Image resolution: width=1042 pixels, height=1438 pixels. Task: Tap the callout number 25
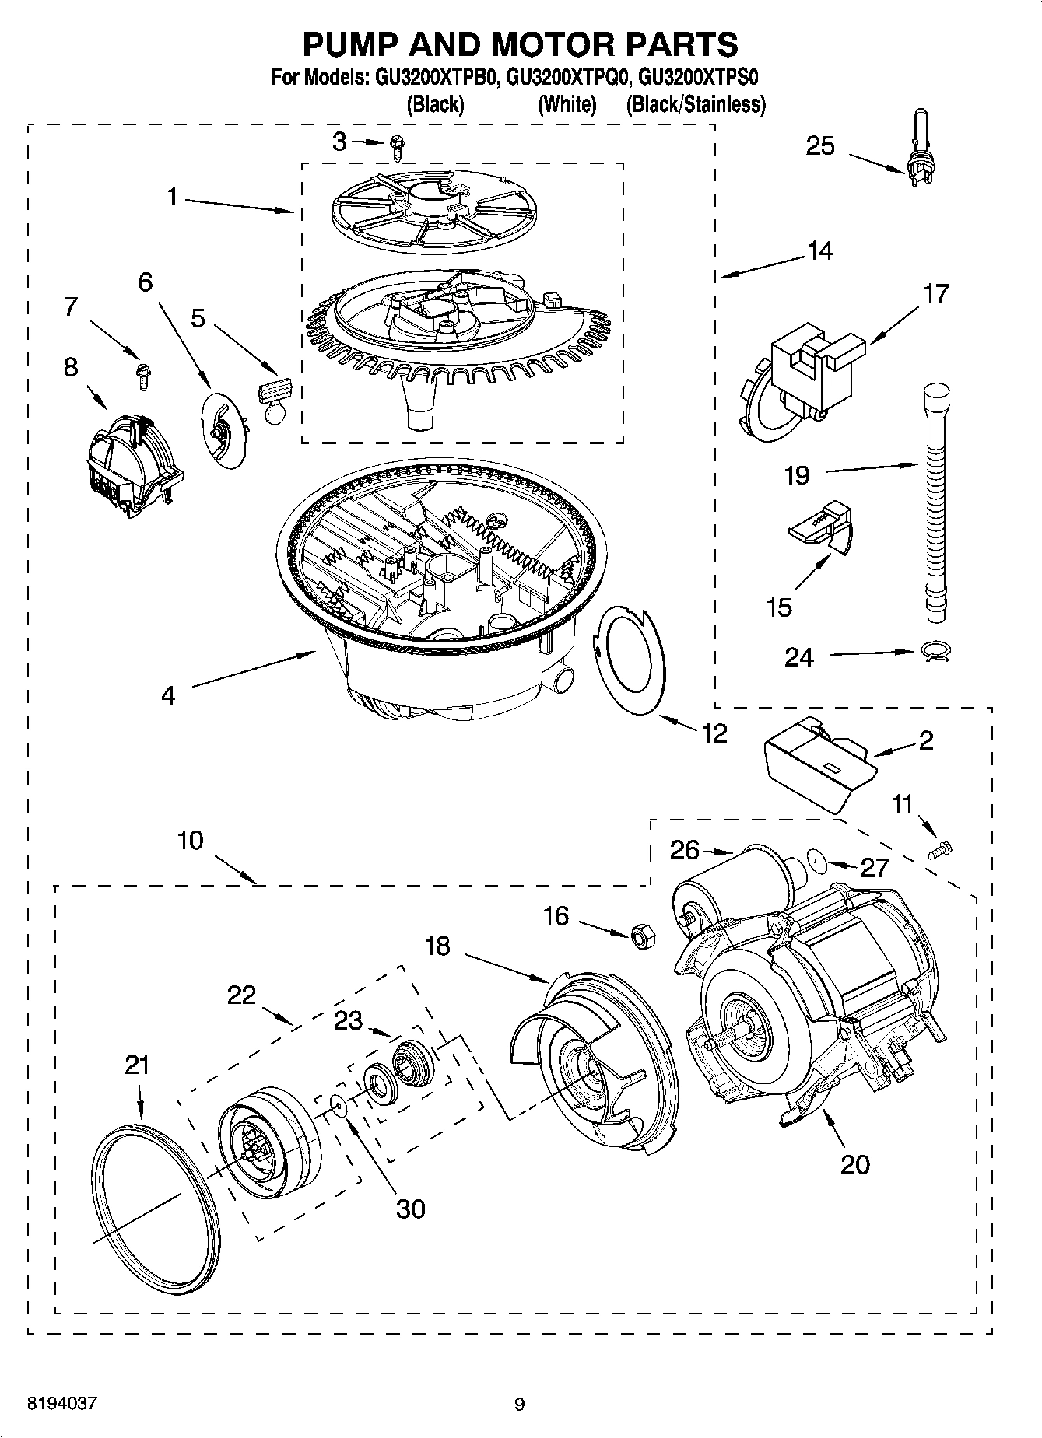click(x=819, y=146)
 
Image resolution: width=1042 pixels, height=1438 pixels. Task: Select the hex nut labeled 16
click(x=642, y=936)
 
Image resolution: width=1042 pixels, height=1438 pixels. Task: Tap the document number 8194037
click(x=62, y=1404)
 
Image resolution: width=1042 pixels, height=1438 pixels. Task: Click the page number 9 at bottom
click(x=519, y=1405)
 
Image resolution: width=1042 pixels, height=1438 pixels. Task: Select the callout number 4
click(x=168, y=695)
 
